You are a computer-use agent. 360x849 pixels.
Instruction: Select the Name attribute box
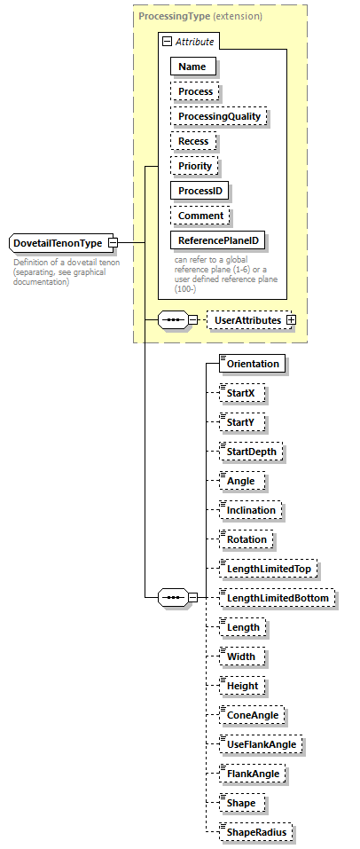point(192,67)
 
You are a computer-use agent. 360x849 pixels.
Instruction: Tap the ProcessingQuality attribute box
point(218,116)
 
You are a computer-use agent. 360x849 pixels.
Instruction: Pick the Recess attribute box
point(194,141)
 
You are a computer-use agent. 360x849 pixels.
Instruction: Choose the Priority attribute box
point(195,166)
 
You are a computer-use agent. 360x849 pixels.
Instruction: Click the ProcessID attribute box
point(200,191)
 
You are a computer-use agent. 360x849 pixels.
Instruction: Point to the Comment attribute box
point(200,216)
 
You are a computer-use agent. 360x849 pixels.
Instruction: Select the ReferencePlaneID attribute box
point(219,240)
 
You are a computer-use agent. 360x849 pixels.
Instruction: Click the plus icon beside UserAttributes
point(291,319)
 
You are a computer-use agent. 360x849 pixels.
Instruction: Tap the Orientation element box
point(253,364)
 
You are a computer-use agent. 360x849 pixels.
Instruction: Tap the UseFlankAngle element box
point(261,744)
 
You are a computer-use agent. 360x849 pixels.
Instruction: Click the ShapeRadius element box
point(257,832)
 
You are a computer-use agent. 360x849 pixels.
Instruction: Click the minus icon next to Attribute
point(166,42)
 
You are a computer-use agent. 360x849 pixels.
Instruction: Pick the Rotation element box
point(247,539)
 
